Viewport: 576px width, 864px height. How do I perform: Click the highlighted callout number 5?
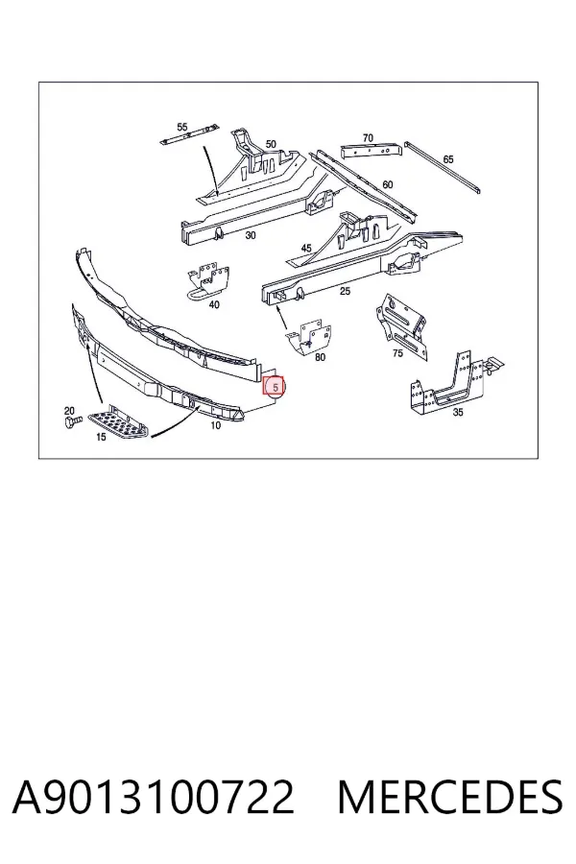[x=276, y=388]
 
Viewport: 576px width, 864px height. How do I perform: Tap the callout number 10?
[x=215, y=425]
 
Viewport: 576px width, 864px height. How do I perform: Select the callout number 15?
[x=101, y=438]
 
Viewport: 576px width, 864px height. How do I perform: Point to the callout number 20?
[x=69, y=411]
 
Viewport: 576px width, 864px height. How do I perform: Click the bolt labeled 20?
[x=72, y=421]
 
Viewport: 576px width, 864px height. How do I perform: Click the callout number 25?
[x=345, y=291]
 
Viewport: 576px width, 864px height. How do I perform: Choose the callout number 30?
[x=251, y=236]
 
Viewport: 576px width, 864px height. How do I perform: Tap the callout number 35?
[x=458, y=412]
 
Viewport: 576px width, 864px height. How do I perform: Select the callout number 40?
[x=214, y=304]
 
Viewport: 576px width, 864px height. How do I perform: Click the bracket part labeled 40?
[x=207, y=281]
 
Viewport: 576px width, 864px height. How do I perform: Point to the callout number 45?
[x=306, y=249]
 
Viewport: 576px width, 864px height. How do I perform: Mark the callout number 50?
[x=271, y=144]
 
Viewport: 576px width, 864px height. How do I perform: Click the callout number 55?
[x=182, y=128]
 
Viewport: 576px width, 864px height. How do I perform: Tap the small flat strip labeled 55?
[x=188, y=135]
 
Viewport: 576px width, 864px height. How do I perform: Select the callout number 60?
[x=388, y=184]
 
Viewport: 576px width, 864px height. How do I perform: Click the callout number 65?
[x=448, y=159]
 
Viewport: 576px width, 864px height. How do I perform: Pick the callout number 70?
[x=368, y=138]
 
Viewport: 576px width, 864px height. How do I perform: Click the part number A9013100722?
[x=154, y=797]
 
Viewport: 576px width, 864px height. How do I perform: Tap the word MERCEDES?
[x=450, y=797]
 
